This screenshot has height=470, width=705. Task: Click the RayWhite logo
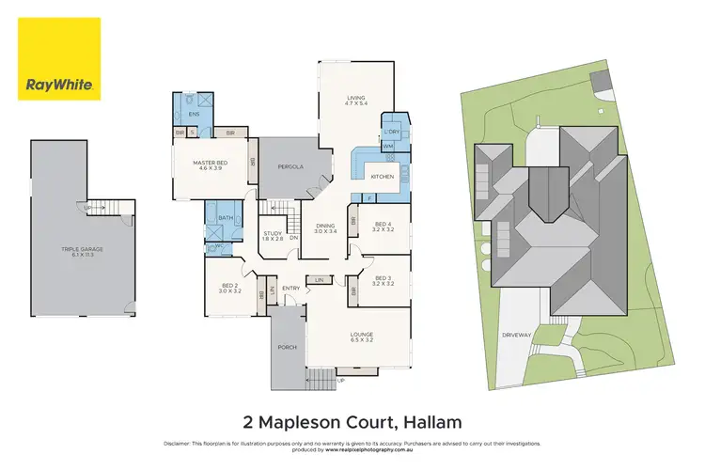click(58, 58)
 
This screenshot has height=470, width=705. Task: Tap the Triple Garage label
click(83, 251)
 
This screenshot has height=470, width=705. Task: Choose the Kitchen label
click(381, 177)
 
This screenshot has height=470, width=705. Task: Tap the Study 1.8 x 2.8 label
click(273, 236)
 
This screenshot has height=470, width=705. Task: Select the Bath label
click(226, 218)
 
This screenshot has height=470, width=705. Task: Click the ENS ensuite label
click(194, 115)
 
